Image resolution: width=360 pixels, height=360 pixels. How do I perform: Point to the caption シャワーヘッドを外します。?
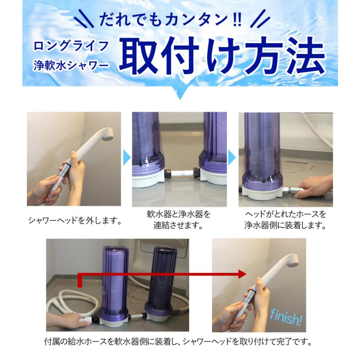click(74, 220)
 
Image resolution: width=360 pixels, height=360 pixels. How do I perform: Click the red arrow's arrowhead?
click(241, 274)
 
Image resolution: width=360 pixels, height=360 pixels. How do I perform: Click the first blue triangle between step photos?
click(126, 158)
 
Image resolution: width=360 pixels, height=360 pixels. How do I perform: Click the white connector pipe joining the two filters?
click(179, 175)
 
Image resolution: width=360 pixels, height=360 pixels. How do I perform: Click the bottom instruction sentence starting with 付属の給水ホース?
click(178, 342)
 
